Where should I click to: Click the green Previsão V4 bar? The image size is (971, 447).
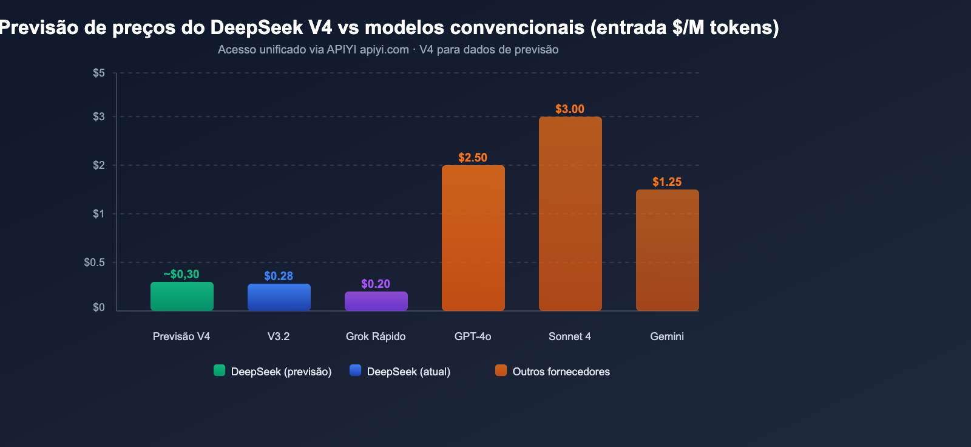[x=181, y=296]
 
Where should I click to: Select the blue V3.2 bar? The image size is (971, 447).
[x=279, y=298]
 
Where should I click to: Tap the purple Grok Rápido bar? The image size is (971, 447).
[x=376, y=301]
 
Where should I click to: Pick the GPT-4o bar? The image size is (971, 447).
[x=473, y=238]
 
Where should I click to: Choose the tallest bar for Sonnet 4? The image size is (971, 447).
[x=570, y=214]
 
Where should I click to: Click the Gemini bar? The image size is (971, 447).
[x=667, y=250]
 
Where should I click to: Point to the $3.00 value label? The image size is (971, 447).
[x=569, y=109]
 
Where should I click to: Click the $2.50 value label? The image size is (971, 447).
[x=472, y=158]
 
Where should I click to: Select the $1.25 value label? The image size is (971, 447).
[x=666, y=182]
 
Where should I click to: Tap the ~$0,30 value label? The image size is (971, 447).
[x=181, y=275]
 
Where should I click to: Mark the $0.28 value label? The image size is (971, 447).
[x=278, y=276]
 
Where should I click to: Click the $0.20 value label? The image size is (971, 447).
[x=375, y=284]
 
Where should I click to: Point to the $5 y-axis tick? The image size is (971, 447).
[x=98, y=73]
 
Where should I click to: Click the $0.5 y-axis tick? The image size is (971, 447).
[x=94, y=262]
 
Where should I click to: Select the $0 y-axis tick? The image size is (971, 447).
[x=98, y=307]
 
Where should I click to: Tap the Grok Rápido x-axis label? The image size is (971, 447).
[x=375, y=336]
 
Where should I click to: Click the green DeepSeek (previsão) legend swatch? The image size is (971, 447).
[x=219, y=370]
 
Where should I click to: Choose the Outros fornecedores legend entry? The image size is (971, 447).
[x=561, y=372]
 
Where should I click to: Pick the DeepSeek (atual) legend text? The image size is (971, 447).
[x=408, y=372]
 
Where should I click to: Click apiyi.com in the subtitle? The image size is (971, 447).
[x=384, y=50]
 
